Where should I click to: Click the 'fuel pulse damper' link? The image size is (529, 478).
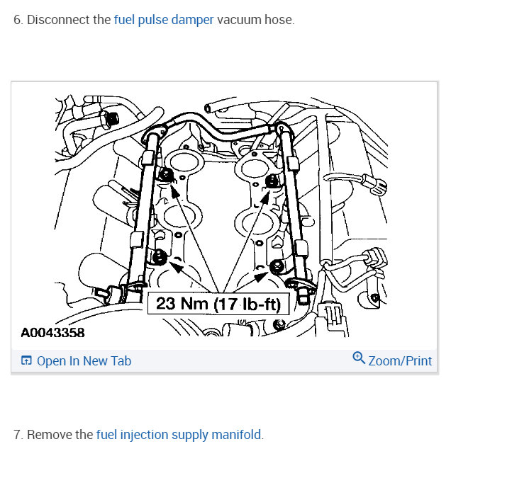pos(164,20)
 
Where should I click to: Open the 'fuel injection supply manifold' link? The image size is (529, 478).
pos(179,435)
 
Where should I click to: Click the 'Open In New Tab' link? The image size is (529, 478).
pos(84,360)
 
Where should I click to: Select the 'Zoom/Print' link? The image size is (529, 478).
pos(400,360)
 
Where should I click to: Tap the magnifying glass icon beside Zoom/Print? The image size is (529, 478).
pos(359,358)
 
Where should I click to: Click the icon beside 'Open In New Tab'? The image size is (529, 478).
pos(26,360)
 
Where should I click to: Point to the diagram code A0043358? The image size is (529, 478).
pos(52,333)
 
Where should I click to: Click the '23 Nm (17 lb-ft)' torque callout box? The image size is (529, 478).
pos(218,304)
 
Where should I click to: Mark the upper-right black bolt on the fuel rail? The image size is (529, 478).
pos(272,181)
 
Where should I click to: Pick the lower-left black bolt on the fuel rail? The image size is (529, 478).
pos(158,257)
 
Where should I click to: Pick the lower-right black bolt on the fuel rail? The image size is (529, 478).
pos(277,266)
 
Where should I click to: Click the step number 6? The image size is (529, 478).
pos(18,20)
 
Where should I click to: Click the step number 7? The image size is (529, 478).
pos(18,435)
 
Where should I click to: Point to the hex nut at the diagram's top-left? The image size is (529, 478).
pos(111,118)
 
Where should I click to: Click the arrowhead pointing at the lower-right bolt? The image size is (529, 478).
pos(260,277)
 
